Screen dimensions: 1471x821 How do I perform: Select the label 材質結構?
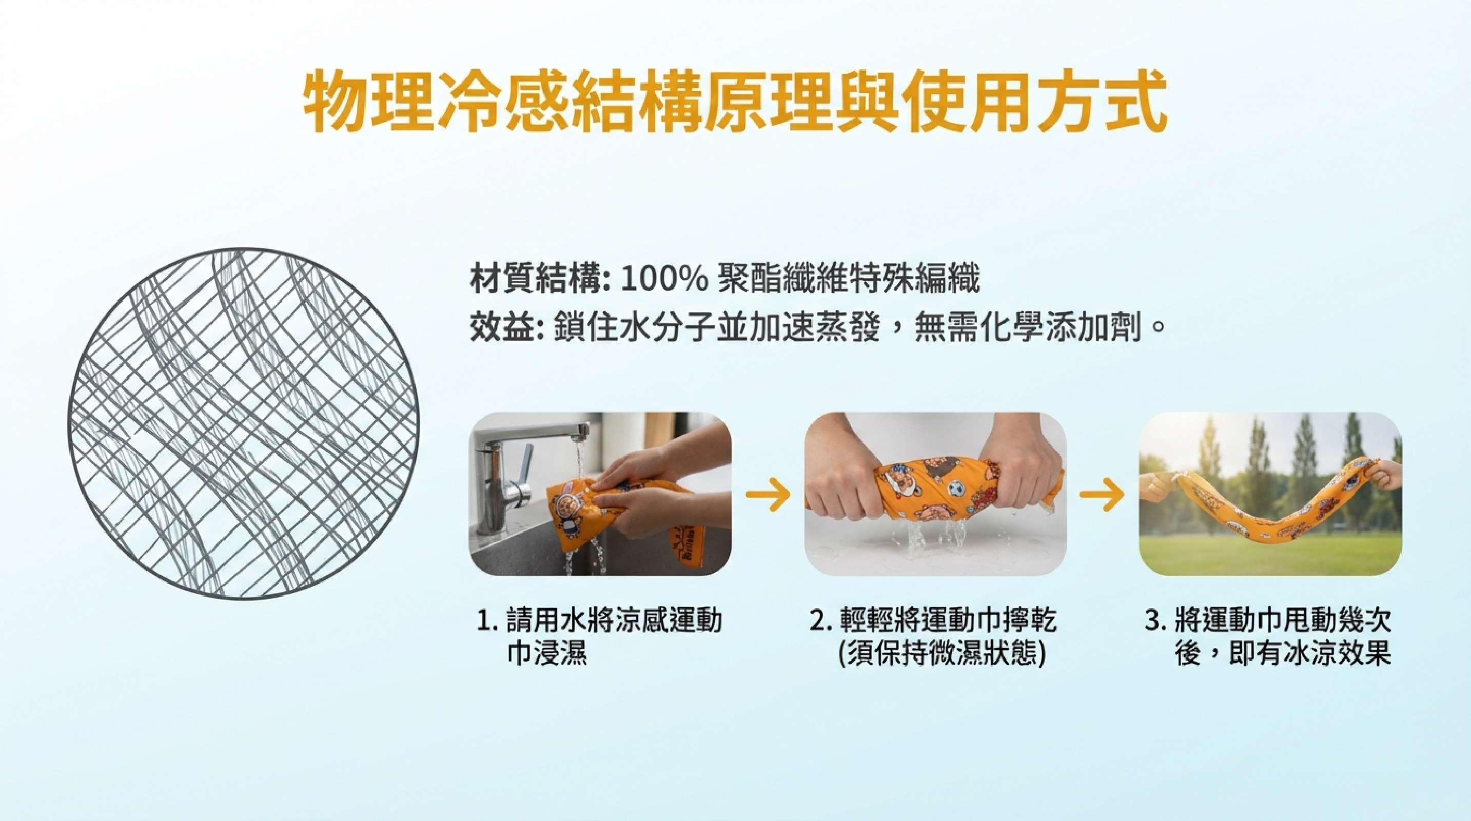[540, 280]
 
